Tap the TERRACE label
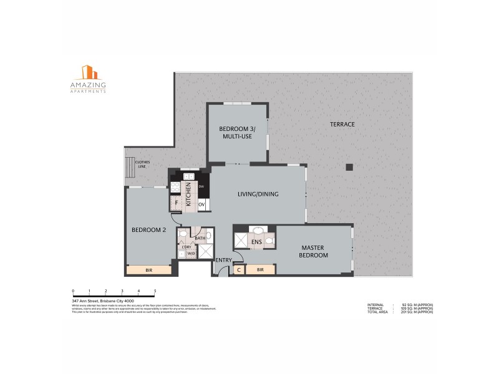point(342,124)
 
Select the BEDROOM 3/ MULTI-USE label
point(235,132)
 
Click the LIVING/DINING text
point(258,194)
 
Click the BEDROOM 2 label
point(148,229)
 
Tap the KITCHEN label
point(188,194)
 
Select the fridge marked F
point(177,203)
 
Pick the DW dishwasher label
point(201,187)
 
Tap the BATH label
point(200,238)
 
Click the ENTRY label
point(223,260)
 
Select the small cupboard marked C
point(239,270)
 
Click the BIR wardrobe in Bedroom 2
point(149,270)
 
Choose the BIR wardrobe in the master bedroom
point(260,270)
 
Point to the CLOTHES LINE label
point(143,165)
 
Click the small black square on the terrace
point(349,166)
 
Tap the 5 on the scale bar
point(155,291)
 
